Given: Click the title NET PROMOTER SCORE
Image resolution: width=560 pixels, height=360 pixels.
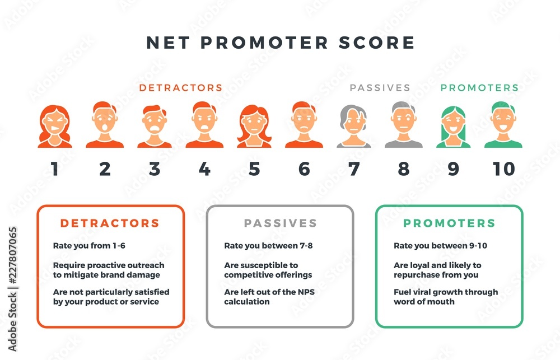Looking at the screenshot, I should pos(281,43).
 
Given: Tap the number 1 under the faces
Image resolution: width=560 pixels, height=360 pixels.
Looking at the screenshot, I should pos(54,169).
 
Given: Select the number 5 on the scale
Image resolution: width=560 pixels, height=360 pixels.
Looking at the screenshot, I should pos(254,169).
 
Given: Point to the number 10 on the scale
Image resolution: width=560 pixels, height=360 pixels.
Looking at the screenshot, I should pos(503,169).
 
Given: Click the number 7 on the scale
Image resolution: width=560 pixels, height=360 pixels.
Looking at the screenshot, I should pos(354,169).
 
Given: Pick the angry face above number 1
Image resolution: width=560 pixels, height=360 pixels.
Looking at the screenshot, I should pos(55,126).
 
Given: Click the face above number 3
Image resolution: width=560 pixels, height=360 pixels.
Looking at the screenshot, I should pos(155,126).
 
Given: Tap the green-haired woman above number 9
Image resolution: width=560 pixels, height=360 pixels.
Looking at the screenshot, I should pos(454,126).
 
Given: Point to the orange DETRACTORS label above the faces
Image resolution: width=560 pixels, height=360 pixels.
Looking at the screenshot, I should pos(181,88).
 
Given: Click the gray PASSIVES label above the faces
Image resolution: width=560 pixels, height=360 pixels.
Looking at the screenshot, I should pos(380,88).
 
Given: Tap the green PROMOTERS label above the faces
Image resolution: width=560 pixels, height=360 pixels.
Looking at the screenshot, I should pos(479,88).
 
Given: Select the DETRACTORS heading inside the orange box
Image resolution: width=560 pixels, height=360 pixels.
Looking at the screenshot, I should pos(110,223).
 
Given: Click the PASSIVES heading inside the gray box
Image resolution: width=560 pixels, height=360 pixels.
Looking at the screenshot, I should pos(280,223).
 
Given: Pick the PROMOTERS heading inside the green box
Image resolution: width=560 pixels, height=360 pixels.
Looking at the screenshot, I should pos(449,223).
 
